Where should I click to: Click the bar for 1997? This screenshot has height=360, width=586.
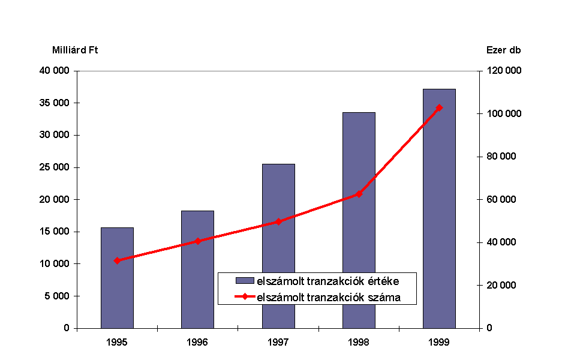pyautogui.click(x=278, y=246)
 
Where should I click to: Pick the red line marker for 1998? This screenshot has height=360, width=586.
pyautogui.click(x=359, y=194)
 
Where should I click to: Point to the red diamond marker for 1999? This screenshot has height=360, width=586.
pyautogui.click(x=439, y=108)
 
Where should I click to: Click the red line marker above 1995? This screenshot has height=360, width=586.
pyautogui.click(x=117, y=260)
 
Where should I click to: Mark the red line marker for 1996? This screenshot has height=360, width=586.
pyautogui.click(x=197, y=241)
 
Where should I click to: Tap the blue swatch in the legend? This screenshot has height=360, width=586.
pyautogui.click(x=245, y=280)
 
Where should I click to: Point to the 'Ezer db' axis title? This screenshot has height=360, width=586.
pyautogui.click(x=503, y=50)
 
